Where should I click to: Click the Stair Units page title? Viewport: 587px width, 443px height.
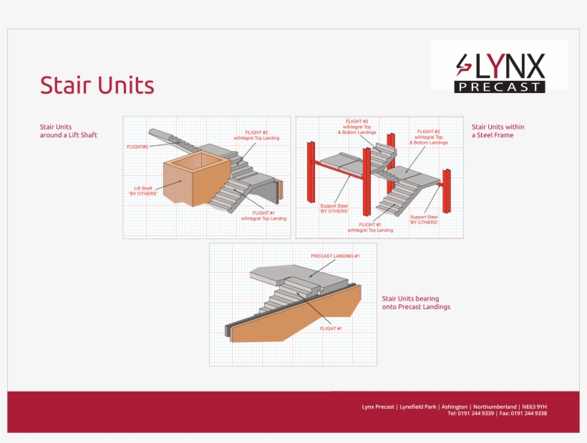coord(97,85)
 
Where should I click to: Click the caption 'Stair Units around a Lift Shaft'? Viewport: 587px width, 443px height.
coord(69,131)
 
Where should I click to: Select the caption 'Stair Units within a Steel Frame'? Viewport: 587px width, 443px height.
coord(493,131)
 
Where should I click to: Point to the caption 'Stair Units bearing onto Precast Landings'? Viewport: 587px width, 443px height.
coord(416,302)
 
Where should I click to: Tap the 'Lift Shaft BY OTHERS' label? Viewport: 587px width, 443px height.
coord(142,190)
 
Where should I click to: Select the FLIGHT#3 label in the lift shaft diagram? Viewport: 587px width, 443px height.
coord(137,147)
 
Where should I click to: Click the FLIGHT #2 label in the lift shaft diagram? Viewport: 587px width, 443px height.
coord(256,135)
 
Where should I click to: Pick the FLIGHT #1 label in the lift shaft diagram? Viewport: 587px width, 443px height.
coord(263,215)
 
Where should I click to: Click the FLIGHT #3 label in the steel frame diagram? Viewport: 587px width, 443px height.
coord(356,126)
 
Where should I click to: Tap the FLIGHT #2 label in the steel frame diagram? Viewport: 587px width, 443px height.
coord(428,137)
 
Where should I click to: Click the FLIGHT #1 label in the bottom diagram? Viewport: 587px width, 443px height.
coord(330,328)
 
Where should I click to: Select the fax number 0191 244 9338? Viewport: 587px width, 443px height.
coord(532,414)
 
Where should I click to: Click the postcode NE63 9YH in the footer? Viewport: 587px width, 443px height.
coord(535,407)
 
